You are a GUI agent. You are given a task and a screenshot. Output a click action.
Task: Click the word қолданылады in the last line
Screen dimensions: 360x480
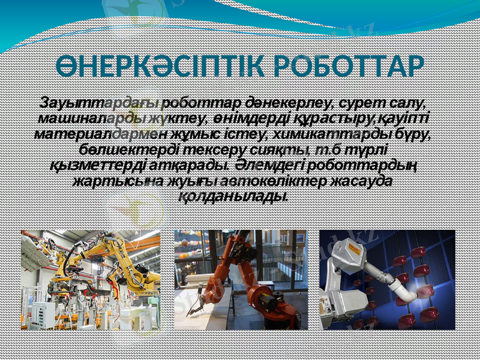(235, 195)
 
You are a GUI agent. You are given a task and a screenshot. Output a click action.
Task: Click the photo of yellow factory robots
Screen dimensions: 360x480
(91, 280)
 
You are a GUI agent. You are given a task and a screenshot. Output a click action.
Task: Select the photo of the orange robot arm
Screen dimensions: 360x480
(241, 280)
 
